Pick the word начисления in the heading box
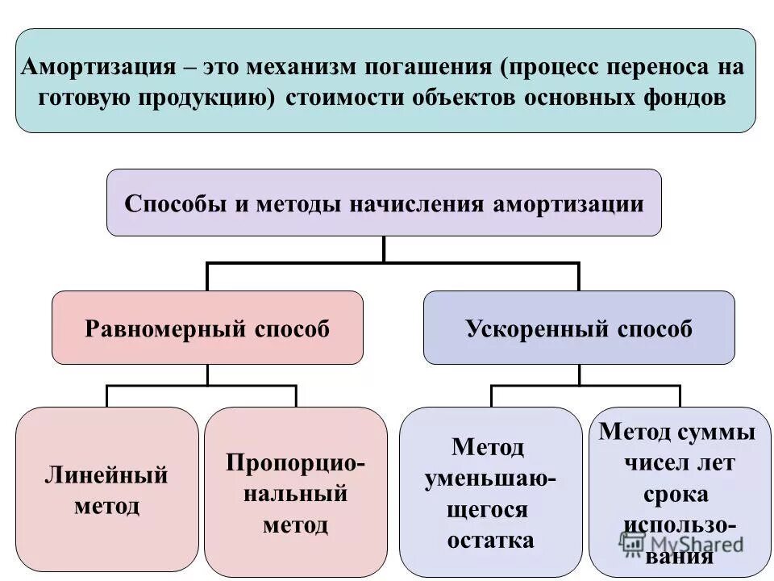[x=417, y=203]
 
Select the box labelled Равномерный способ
[x=207, y=328]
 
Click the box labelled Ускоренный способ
[x=579, y=328]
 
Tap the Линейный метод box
[x=107, y=489]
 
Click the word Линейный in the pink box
[x=106, y=475]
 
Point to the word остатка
[x=490, y=539]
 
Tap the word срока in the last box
[x=676, y=494]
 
